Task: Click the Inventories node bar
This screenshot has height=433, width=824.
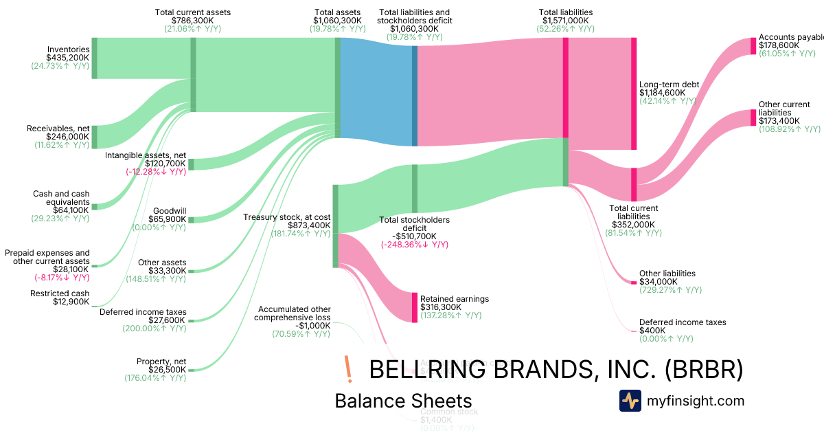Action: (x=95, y=58)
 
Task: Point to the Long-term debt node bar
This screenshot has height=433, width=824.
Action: (x=634, y=93)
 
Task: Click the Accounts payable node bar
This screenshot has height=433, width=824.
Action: (x=753, y=46)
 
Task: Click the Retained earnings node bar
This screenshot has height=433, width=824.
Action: (x=415, y=307)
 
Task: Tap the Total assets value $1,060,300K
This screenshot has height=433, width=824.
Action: (x=338, y=21)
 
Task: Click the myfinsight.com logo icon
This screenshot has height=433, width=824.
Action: (x=630, y=401)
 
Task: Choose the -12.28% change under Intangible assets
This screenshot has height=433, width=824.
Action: (x=155, y=172)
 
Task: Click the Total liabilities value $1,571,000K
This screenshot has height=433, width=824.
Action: (x=565, y=21)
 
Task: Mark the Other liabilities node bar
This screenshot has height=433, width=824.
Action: (x=634, y=282)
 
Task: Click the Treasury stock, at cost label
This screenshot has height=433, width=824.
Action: (x=287, y=217)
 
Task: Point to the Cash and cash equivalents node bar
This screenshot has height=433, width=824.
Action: (x=95, y=206)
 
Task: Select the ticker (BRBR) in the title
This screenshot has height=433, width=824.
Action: (x=705, y=369)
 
